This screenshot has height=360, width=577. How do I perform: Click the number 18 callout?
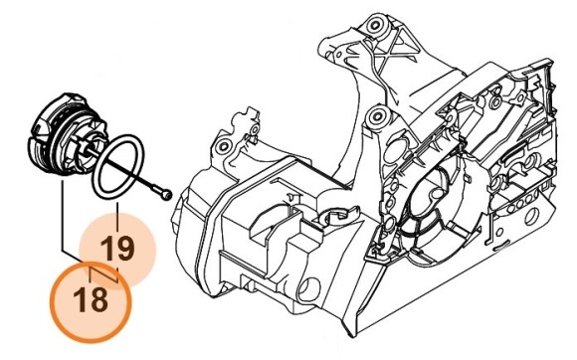click(x=92, y=299)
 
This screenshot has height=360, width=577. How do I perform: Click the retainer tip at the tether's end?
click(x=168, y=192)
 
